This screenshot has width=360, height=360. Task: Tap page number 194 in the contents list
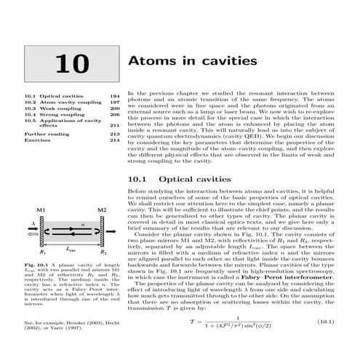click(114, 95)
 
